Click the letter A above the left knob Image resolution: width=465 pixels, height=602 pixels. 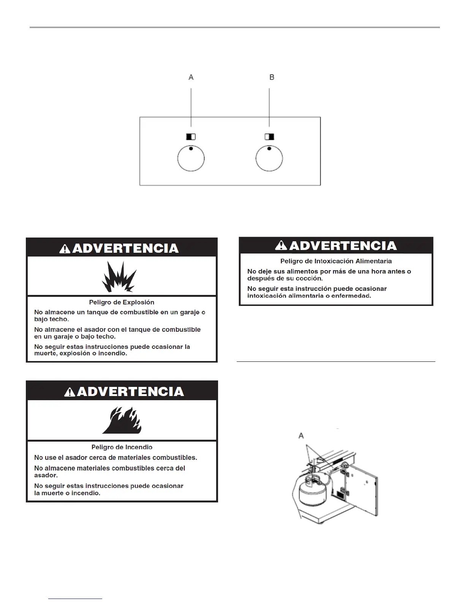click(191, 77)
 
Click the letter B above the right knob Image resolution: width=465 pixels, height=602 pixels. click(272, 77)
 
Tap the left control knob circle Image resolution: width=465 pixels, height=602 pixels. click(191, 158)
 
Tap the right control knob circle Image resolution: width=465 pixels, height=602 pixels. click(269, 158)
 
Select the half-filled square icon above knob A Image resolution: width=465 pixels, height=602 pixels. click(191, 136)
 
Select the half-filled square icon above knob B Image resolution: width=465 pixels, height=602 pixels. click(269, 136)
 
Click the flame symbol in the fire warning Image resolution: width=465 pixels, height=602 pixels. click(122, 421)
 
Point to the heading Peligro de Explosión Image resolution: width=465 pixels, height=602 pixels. click(122, 303)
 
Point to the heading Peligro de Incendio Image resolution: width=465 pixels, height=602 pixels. click(122, 447)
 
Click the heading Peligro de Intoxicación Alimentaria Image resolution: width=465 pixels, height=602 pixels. click(336, 261)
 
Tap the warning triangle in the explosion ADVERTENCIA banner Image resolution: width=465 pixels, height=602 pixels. click(65, 249)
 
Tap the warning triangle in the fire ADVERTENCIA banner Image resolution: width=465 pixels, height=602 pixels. click(70, 392)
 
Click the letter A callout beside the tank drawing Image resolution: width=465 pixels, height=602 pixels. click(301, 436)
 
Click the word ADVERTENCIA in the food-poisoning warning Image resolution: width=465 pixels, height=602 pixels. click(343, 246)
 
